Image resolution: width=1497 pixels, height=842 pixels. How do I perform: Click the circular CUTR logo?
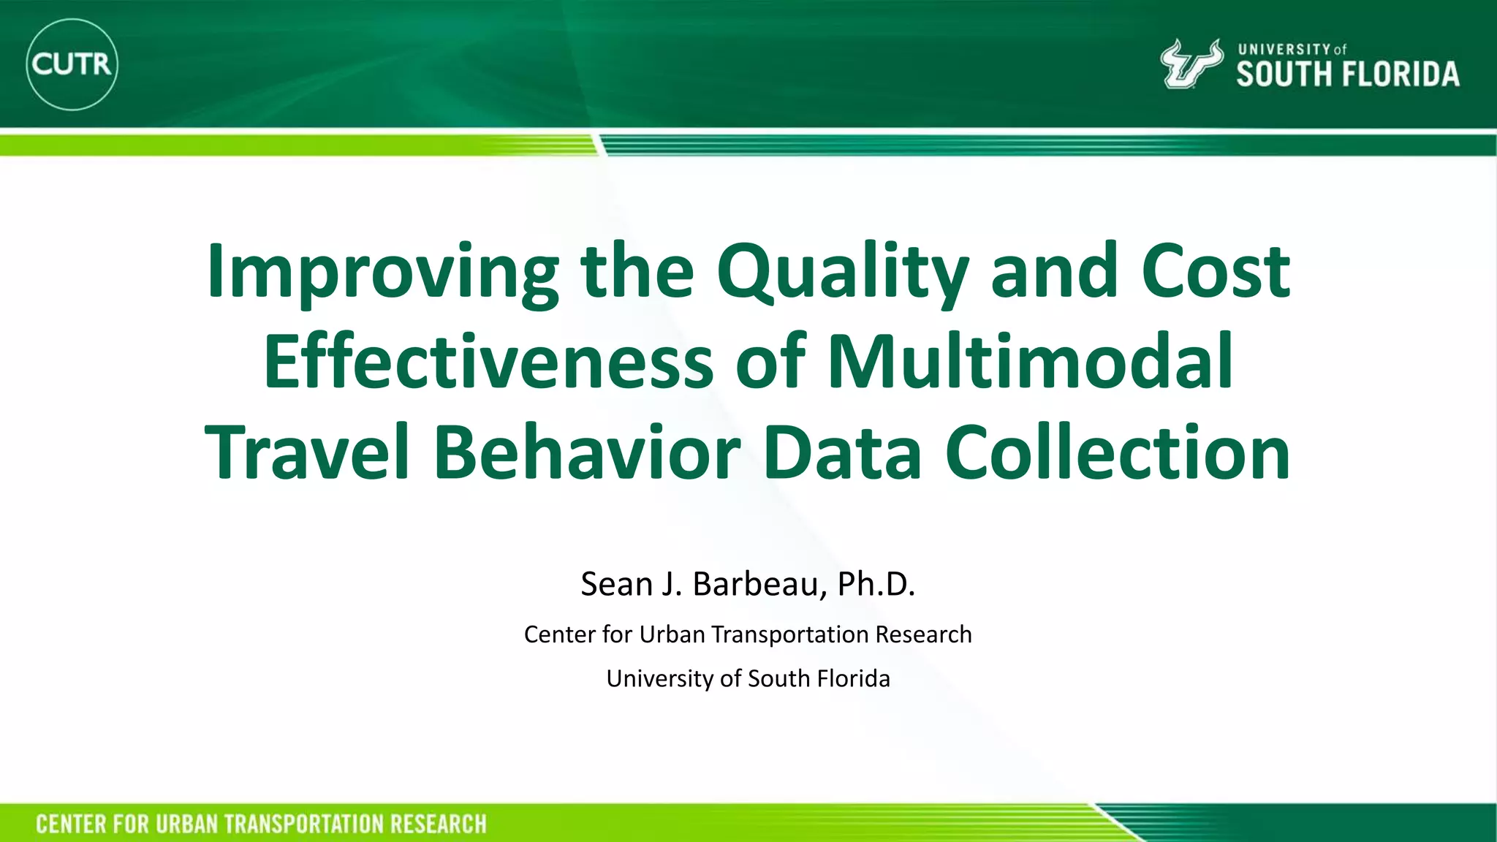click(72, 64)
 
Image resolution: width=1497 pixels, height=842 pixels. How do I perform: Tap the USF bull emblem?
click(1191, 64)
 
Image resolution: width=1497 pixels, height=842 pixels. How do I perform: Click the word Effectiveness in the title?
click(488, 362)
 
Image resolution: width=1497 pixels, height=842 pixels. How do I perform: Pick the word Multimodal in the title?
click(1030, 362)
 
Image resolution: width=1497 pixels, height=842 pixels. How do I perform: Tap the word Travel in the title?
click(306, 452)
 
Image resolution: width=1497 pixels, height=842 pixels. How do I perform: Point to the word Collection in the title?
click(1118, 452)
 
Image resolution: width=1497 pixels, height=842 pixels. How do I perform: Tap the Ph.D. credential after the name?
click(876, 584)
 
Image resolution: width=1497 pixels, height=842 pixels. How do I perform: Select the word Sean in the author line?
click(616, 584)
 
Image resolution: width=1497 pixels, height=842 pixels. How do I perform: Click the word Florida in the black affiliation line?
click(853, 678)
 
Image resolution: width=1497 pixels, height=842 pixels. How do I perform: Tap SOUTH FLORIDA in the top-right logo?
click(1347, 75)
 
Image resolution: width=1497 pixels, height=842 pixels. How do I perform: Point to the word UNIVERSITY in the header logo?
click(1284, 50)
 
